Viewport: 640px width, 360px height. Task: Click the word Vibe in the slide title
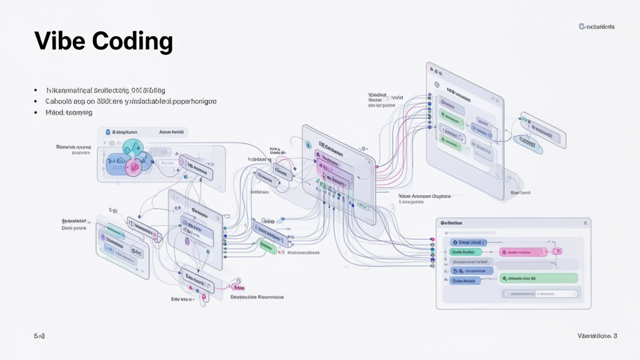click(59, 41)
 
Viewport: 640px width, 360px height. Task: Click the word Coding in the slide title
click(132, 41)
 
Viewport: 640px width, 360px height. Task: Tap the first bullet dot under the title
click(36, 91)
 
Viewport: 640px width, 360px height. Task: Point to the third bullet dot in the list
click(36, 112)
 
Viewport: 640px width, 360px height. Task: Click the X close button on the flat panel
click(585, 222)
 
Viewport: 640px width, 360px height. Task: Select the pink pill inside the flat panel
click(523, 252)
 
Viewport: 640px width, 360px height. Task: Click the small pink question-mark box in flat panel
click(558, 251)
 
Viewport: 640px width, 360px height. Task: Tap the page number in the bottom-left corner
click(39, 336)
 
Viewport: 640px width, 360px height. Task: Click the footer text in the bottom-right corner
click(597, 336)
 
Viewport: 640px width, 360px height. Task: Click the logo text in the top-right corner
click(597, 26)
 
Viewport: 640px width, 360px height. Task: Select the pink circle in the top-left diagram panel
click(133, 166)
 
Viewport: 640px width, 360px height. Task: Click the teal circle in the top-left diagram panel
click(133, 147)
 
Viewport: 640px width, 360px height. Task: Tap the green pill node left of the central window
click(267, 247)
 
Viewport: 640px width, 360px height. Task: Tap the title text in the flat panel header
click(451, 223)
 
